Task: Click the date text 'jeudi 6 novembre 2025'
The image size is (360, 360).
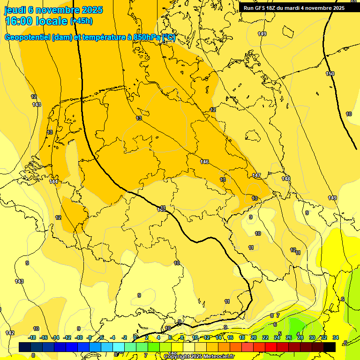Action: pyautogui.click(x=53, y=10)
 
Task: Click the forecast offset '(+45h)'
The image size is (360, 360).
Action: pyautogui.click(x=81, y=21)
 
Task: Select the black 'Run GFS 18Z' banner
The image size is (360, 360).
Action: pyautogui.click(x=294, y=7)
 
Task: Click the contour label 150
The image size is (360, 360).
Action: pyautogui.click(x=330, y=74)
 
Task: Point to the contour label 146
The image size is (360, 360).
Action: pyautogui.click(x=204, y=162)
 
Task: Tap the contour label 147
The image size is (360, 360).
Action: pyautogui.click(x=256, y=175)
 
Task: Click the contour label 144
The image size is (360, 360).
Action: pyautogui.click(x=54, y=181)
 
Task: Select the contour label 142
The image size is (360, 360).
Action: pyautogui.click(x=10, y=333)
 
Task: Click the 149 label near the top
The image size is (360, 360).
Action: pyautogui.click(x=262, y=34)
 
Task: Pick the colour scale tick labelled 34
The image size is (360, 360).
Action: pyautogui.click(x=336, y=337)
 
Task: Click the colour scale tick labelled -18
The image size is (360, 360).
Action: pyautogui.click(x=32, y=337)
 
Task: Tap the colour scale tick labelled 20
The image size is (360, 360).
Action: pyautogui.click(x=254, y=337)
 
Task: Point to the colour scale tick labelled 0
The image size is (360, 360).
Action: pyautogui.click(x=135, y=337)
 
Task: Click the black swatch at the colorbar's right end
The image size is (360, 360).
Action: pyautogui.click(x=330, y=347)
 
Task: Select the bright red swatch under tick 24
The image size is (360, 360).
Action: pyautogui.click(x=277, y=347)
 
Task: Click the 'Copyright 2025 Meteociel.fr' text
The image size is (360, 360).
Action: pyautogui.click(x=199, y=357)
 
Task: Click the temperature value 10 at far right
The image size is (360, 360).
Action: pyautogui.click(x=349, y=114)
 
